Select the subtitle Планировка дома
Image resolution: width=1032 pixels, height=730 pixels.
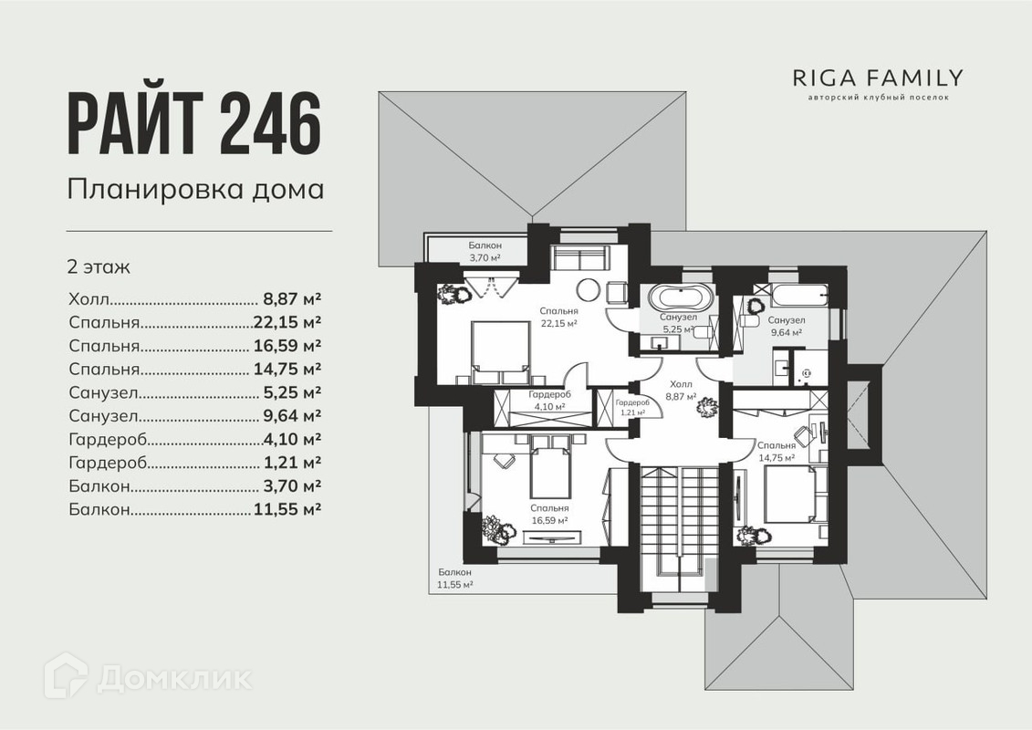pos(195,190)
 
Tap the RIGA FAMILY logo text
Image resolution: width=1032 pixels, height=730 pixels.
pos(877,78)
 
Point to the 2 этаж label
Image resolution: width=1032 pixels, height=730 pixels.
pos(99,267)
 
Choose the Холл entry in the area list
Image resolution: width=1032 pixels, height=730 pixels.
pos(89,298)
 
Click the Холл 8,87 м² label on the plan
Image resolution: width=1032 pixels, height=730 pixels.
pos(682,391)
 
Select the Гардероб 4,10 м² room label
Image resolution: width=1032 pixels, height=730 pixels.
pos(549,400)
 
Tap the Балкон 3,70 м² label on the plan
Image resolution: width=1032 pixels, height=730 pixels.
pos(485,252)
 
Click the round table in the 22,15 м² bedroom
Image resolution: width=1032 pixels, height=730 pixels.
pos(590,291)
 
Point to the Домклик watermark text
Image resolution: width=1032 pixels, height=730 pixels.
pos(173,677)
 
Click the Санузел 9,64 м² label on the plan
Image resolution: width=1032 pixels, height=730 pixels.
pos(785,326)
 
